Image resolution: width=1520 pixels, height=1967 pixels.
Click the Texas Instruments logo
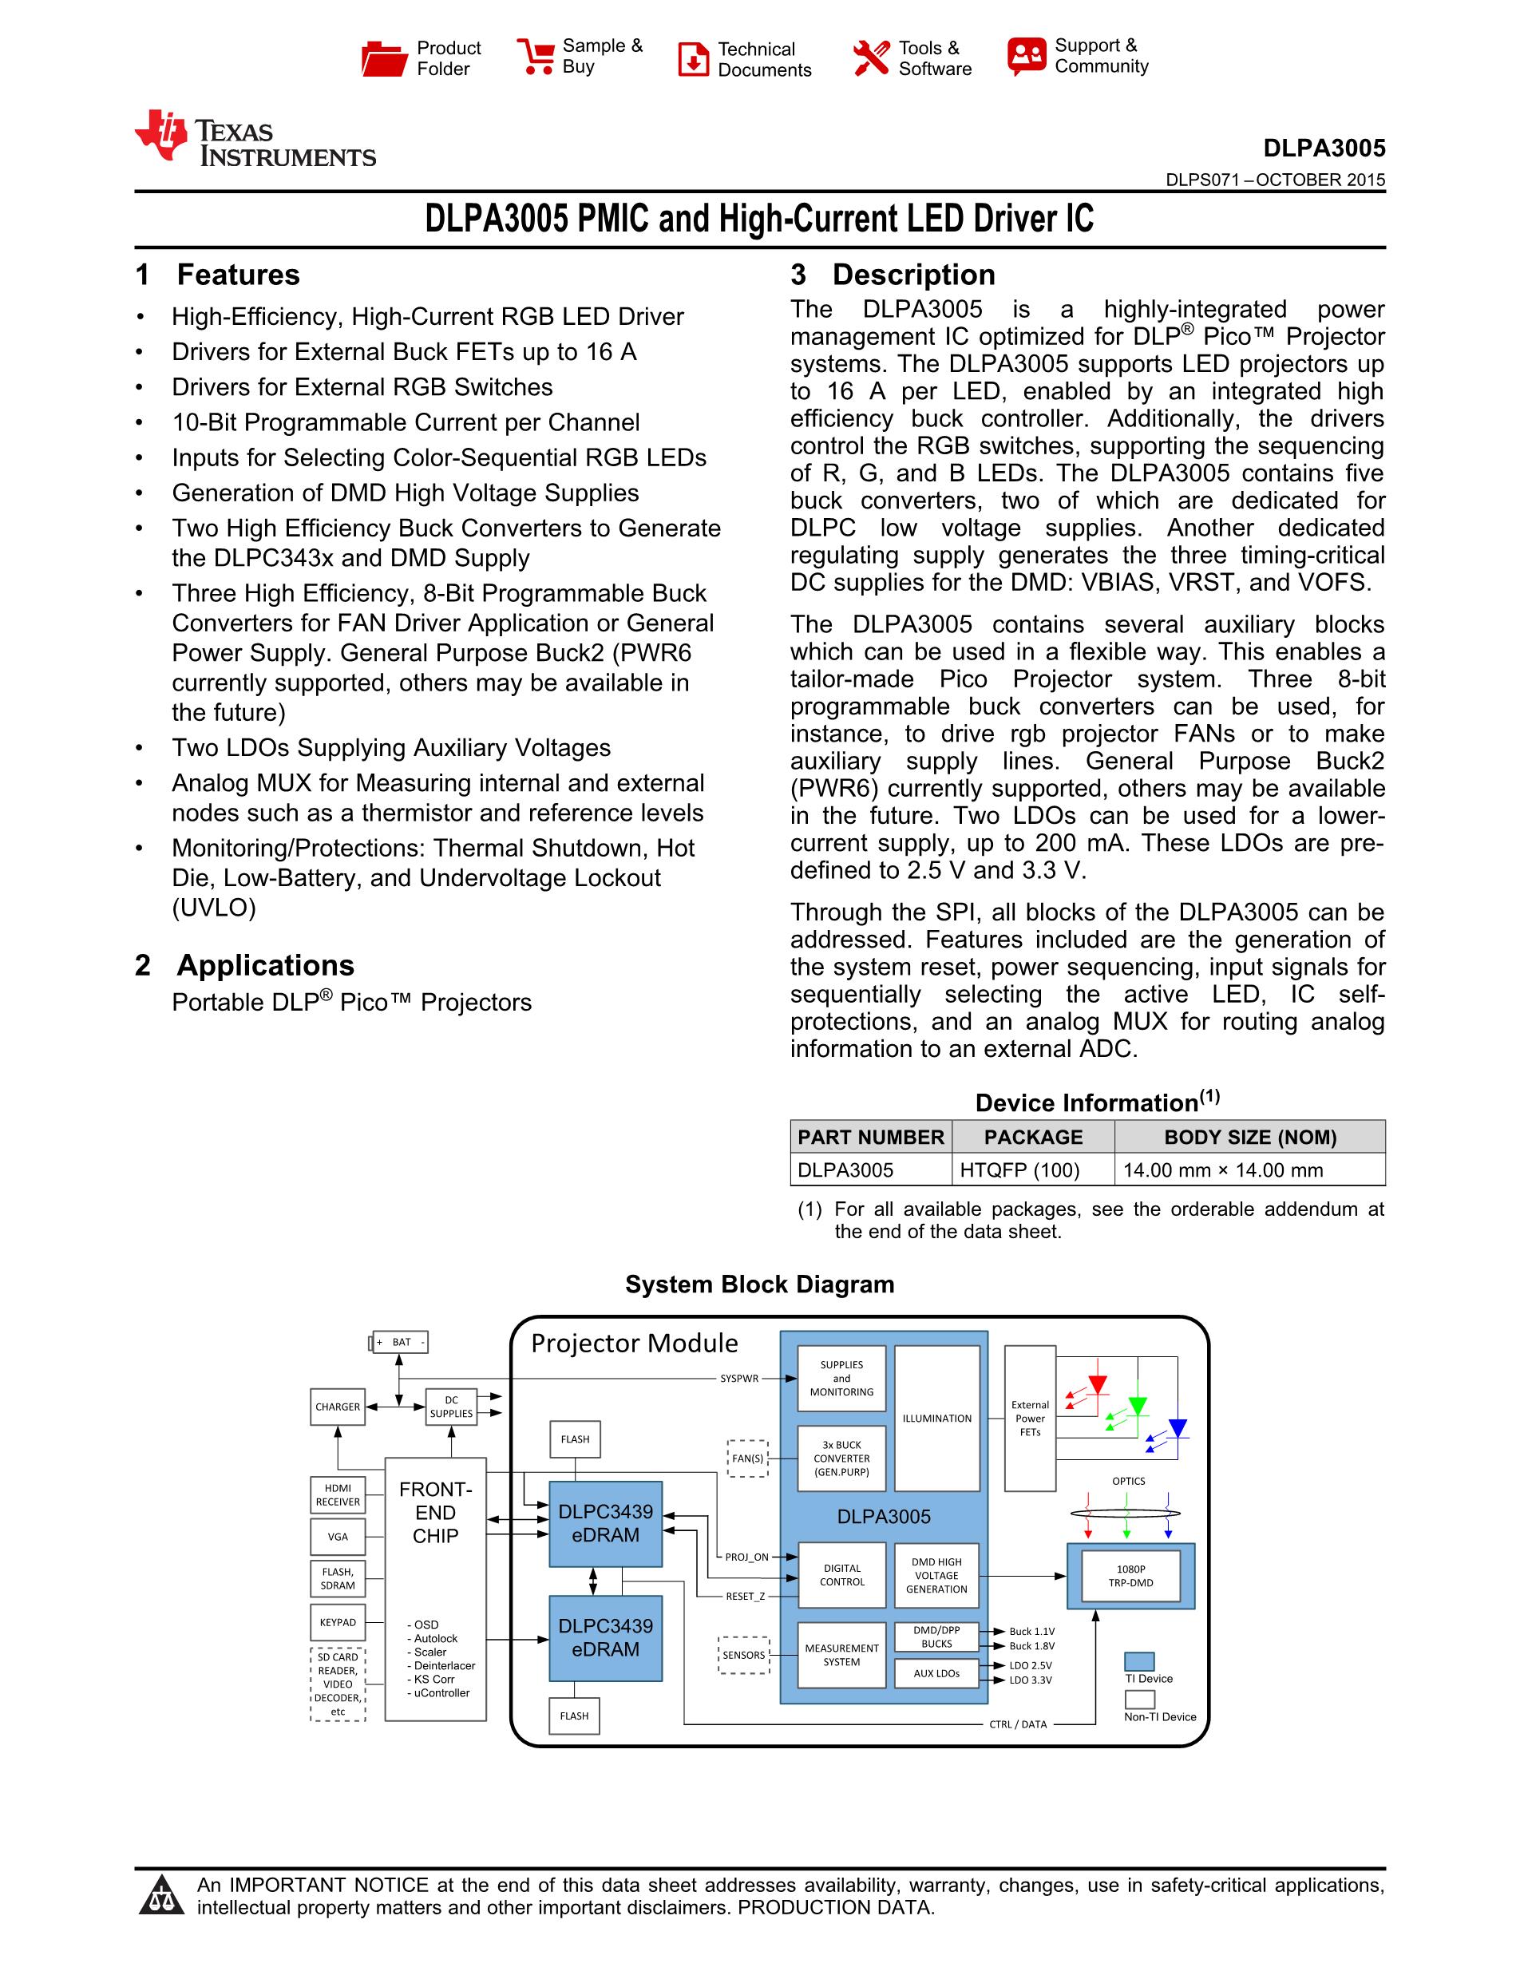click(x=255, y=139)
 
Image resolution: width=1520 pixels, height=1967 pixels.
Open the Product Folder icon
click(x=385, y=58)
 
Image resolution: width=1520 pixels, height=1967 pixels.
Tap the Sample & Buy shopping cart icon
click(x=535, y=56)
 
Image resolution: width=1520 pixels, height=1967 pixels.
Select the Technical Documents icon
click(x=692, y=59)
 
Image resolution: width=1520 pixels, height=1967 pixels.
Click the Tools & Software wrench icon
click(x=871, y=58)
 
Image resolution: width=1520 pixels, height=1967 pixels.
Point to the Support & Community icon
click(x=1027, y=56)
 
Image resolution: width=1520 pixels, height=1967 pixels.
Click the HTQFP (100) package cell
click(x=1019, y=1170)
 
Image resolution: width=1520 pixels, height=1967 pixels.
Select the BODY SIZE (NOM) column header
click(x=1250, y=1137)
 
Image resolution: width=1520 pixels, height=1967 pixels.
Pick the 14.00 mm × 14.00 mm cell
click(x=1250, y=1170)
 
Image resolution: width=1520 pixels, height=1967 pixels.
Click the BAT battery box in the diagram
click(x=401, y=1342)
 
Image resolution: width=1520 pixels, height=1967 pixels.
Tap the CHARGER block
click(x=338, y=1407)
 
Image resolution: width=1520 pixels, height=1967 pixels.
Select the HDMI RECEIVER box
click(x=338, y=1495)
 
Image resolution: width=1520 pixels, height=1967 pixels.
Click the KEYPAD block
click(x=338, y=1622)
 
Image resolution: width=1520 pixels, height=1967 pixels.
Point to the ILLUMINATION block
click(x=936, y=1419)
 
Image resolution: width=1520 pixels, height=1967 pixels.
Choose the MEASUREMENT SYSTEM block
click(x=842, y=1656)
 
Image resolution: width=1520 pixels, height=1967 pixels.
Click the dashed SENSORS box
click(x=744, y=1655)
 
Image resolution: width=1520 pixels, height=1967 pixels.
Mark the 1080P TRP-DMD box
click(x=1131, y=1576)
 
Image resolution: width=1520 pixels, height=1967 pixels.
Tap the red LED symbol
click(x=1097, y=1385)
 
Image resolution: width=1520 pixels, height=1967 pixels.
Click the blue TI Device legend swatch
click(x=1140, y=1660)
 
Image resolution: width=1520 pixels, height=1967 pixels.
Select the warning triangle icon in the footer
click(x=162, y=1896)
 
